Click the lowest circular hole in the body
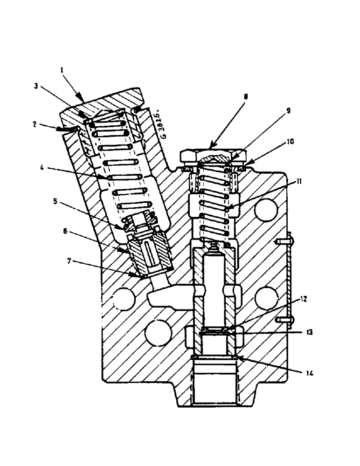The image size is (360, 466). tap(158, 333)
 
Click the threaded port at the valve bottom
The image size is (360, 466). tap(214, 382)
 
